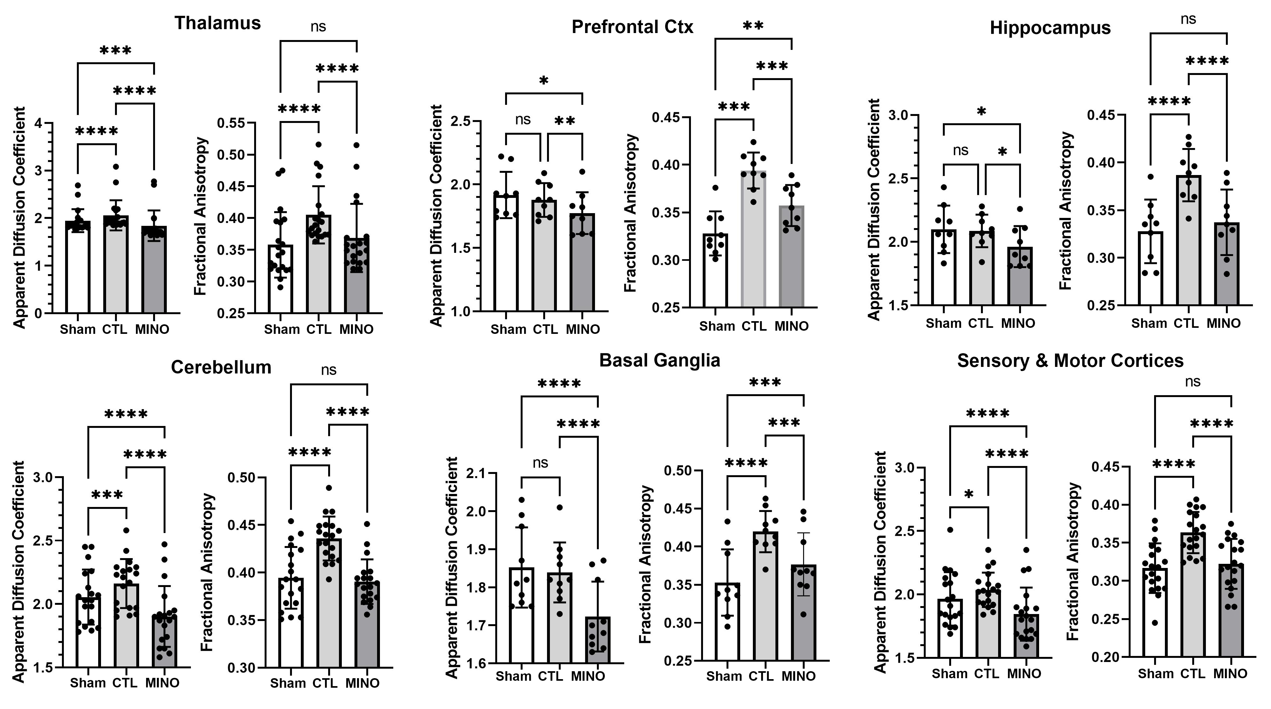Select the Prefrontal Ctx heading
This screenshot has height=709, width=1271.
pyautogui.click(x=632, y=27)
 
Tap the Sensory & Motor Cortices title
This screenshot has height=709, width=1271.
pyautogui.click(x=1070, y=361)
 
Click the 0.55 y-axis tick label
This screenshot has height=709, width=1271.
pyautogui.click(x=231, y=123)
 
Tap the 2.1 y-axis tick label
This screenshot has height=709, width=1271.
pyautogui.click(x=476, y=474)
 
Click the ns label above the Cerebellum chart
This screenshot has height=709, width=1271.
pyautogui.click(x=328, y=369)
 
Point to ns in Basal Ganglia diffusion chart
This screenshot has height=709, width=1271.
pyautogui.click(x=540, y=463)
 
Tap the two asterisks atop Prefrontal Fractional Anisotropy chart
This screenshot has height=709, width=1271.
pyautogui.click(x=754, y=26)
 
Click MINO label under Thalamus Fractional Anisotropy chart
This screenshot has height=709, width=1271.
pyautogui.click(x=356, y=329)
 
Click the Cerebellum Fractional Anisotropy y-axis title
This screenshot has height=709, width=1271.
pyautogui.click(x=207, y=572)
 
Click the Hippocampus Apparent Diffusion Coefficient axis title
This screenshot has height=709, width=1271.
pyautogui.click(x=874, y=210)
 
